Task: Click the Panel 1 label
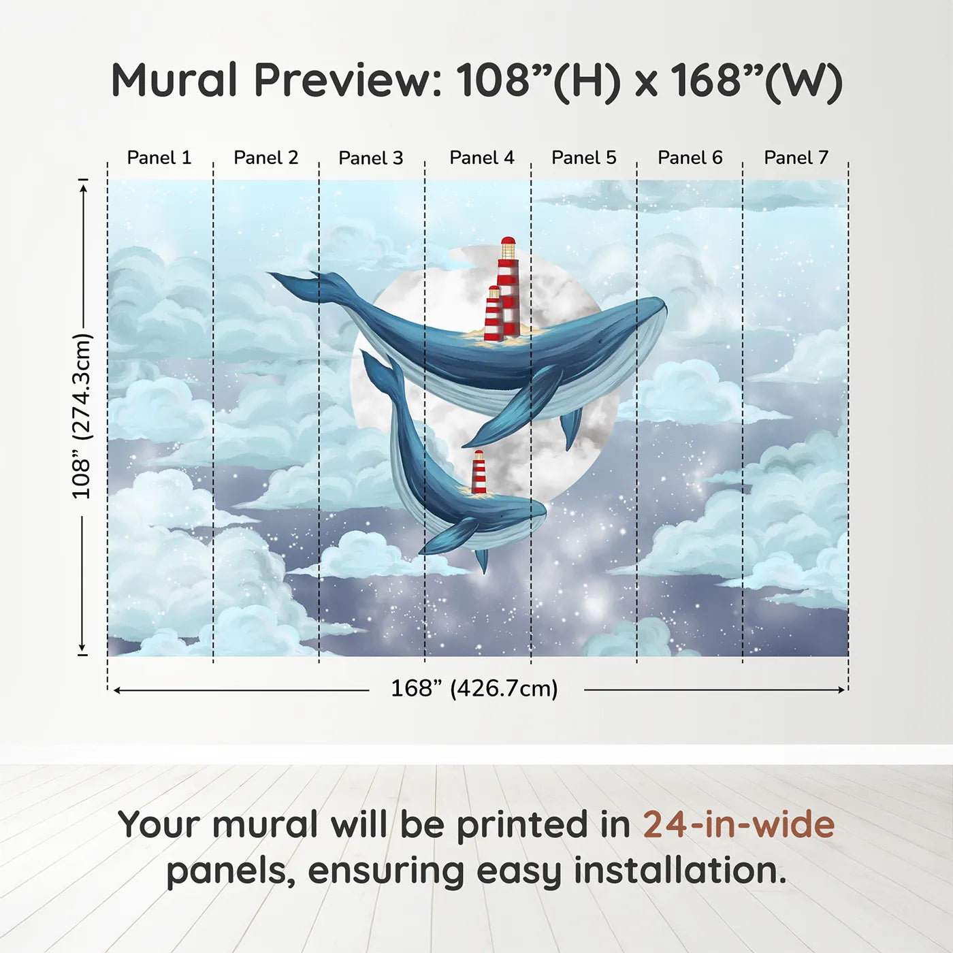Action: pyautogui.click(x=159, y=158)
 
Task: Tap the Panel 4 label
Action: pyautogui.click(x=481, y=158)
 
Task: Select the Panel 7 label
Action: pyautogui.click(x=796, y=158)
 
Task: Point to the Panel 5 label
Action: pyautogui.click(x=583, y=158)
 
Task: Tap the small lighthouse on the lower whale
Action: pyautogui.click(x=479, y=472)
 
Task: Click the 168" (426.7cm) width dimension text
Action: pyautogui.click(x=474, y=688)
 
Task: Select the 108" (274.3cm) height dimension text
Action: pyautogui.click(x=81, y=416)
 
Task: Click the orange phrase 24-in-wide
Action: pyautogui.click(x=739, y=824)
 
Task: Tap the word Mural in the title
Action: pyautogui.click(x=174, y=80)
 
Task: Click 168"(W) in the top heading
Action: pyautogui.click(x=756, y=80)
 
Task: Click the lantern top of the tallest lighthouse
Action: pyautogui.click(x=508, y=246)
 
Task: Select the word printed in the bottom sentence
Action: pyautogui.click(x=523, y=824)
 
